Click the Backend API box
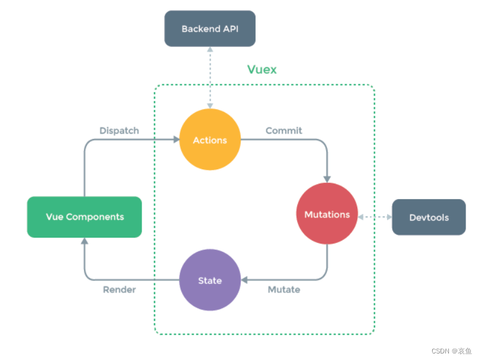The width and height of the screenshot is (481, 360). point(210,29)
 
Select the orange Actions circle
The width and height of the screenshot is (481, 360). point(210,140)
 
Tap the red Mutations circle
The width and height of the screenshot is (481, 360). point(327,214)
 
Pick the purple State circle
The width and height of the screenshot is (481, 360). point(210,280)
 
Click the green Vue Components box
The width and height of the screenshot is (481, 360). point(84,217)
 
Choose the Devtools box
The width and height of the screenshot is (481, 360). point(429,217)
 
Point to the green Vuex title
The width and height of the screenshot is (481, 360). point(262,70)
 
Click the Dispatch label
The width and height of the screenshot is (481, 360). point(119,130)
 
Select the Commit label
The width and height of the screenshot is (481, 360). point(284,130)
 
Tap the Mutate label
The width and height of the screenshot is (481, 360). point(284,290)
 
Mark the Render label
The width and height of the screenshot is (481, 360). point(120,290)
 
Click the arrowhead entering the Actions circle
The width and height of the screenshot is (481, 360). point(176,140)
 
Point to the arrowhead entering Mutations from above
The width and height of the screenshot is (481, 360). point(327,178)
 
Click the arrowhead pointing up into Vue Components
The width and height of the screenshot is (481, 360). point(84,241)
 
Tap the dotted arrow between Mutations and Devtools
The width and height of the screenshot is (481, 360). point(375,217)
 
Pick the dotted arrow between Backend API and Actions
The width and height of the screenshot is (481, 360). point(210,77)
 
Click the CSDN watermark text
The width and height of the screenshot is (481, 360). point(452,351)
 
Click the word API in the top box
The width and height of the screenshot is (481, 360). point(230,29)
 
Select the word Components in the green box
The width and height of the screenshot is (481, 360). point(95,217)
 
